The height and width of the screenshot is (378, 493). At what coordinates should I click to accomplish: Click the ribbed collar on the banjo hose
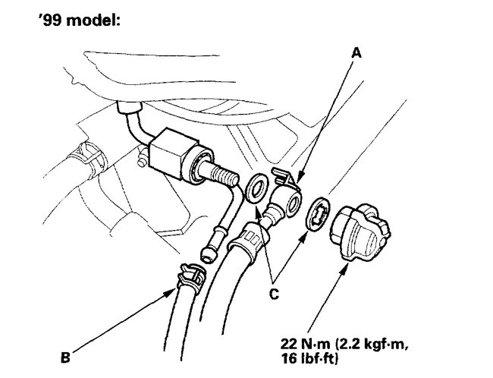[251, 236]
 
